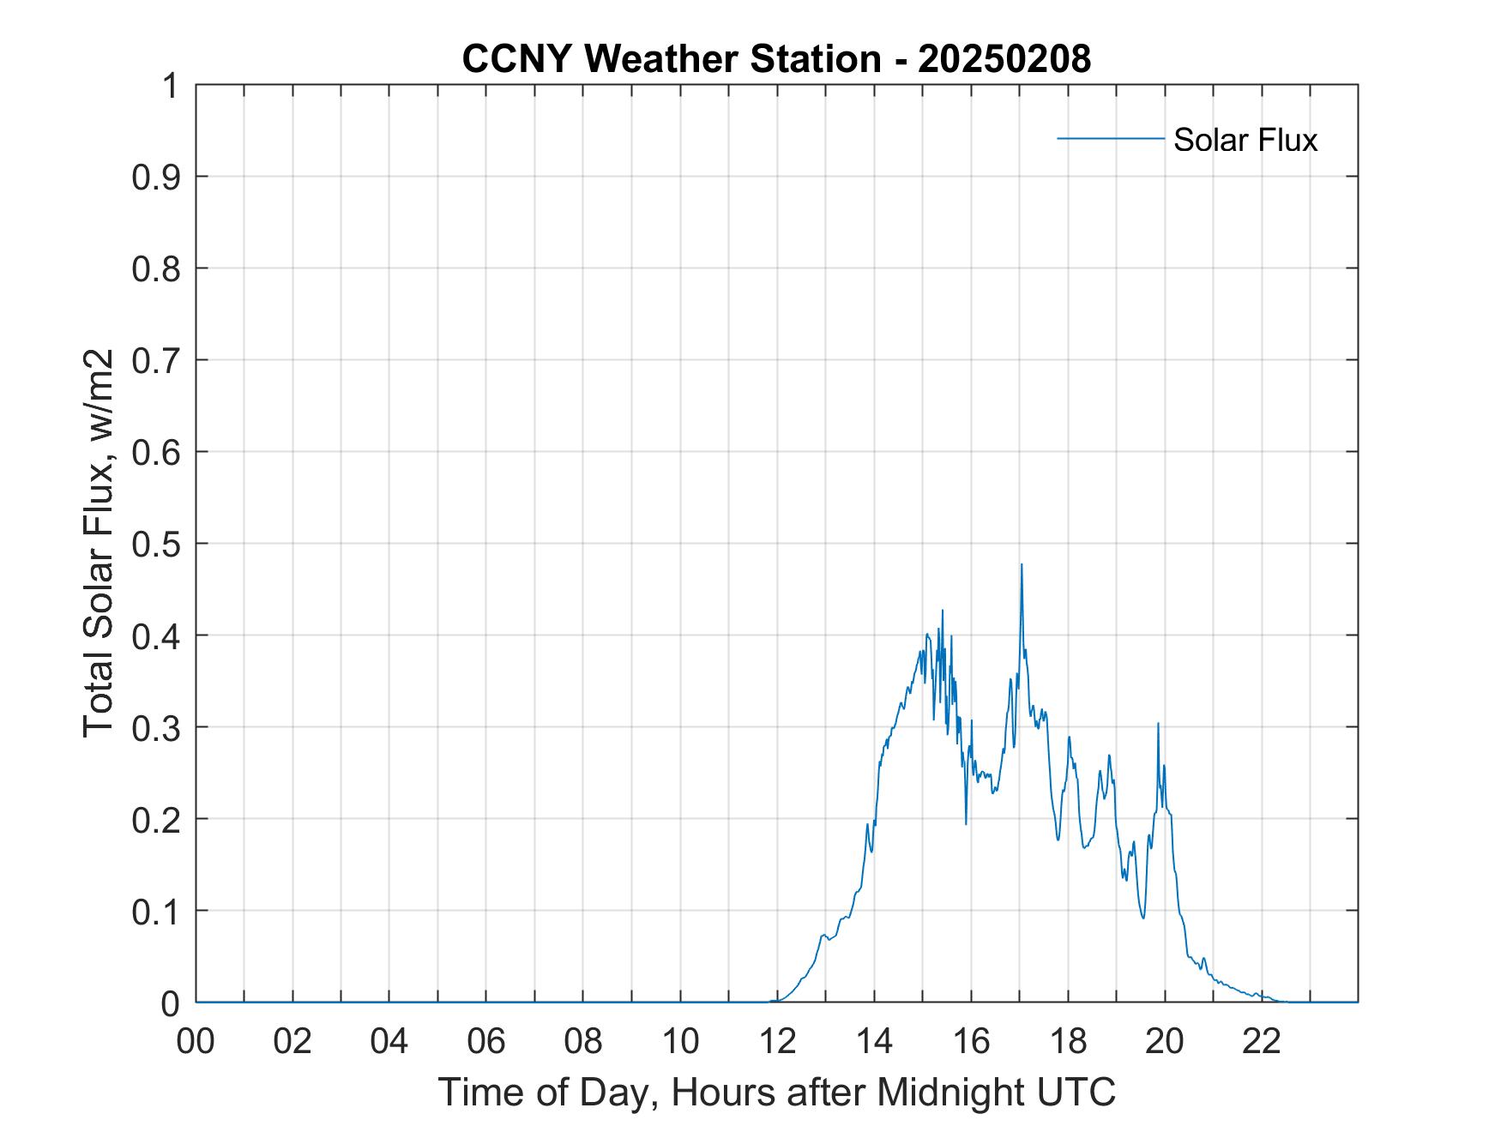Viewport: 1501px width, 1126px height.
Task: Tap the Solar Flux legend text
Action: click(1245, 140)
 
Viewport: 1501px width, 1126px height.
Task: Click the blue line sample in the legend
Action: click(1110, 138)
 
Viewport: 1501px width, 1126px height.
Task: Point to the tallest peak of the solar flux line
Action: click(1022, 565)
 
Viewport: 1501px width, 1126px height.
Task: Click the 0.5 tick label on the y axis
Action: click(157, 544)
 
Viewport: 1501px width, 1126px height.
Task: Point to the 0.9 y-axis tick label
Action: click(157, 178)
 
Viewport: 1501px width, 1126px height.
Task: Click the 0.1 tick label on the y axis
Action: click(157, 912)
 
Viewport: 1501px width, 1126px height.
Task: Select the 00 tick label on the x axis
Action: click(196, 1041)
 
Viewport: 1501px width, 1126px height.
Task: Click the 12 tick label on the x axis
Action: click(777, 1041)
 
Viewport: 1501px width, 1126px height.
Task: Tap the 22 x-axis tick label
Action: click(1262, 1041)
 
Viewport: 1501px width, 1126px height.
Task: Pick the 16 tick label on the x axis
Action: click(971, 1041)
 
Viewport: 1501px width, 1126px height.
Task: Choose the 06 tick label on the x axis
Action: click(486, 1041)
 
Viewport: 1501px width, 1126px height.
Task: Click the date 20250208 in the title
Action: click(1004, 59)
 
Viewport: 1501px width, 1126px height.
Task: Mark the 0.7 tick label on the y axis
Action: click(157, 360)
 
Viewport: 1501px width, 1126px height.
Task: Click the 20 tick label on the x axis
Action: click(1165, 1041)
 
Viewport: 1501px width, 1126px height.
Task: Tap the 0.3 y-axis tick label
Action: click(157, 727)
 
